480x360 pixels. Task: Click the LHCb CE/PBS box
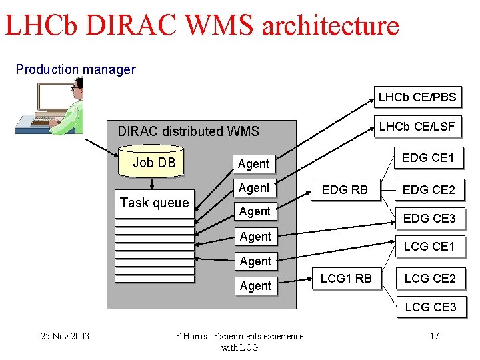(x=417, y=97)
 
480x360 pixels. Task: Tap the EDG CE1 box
(x=429, y=158)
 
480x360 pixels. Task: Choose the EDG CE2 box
(x=429, y=189)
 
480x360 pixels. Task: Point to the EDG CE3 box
(x=429, y=218)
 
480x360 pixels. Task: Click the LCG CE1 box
(x=429, y=247)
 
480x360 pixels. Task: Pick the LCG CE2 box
(x=430, y=278)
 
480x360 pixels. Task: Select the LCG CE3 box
(x=430, y=307)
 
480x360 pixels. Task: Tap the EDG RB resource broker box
(x=345, y=189)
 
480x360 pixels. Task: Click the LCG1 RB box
(x=346, y=278)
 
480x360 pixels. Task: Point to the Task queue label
(x=154, y=203)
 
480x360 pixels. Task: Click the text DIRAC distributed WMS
(x=188, y=131)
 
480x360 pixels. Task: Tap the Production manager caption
(x=75, y=69)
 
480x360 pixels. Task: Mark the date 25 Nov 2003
(x=65, y=336)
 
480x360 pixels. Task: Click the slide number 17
(x=434, y=336)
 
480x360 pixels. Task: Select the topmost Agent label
(x=253, y=163)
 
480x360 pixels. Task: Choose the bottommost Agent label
(x=255, y=285)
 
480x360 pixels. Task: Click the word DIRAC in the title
(x=129, y=25)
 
